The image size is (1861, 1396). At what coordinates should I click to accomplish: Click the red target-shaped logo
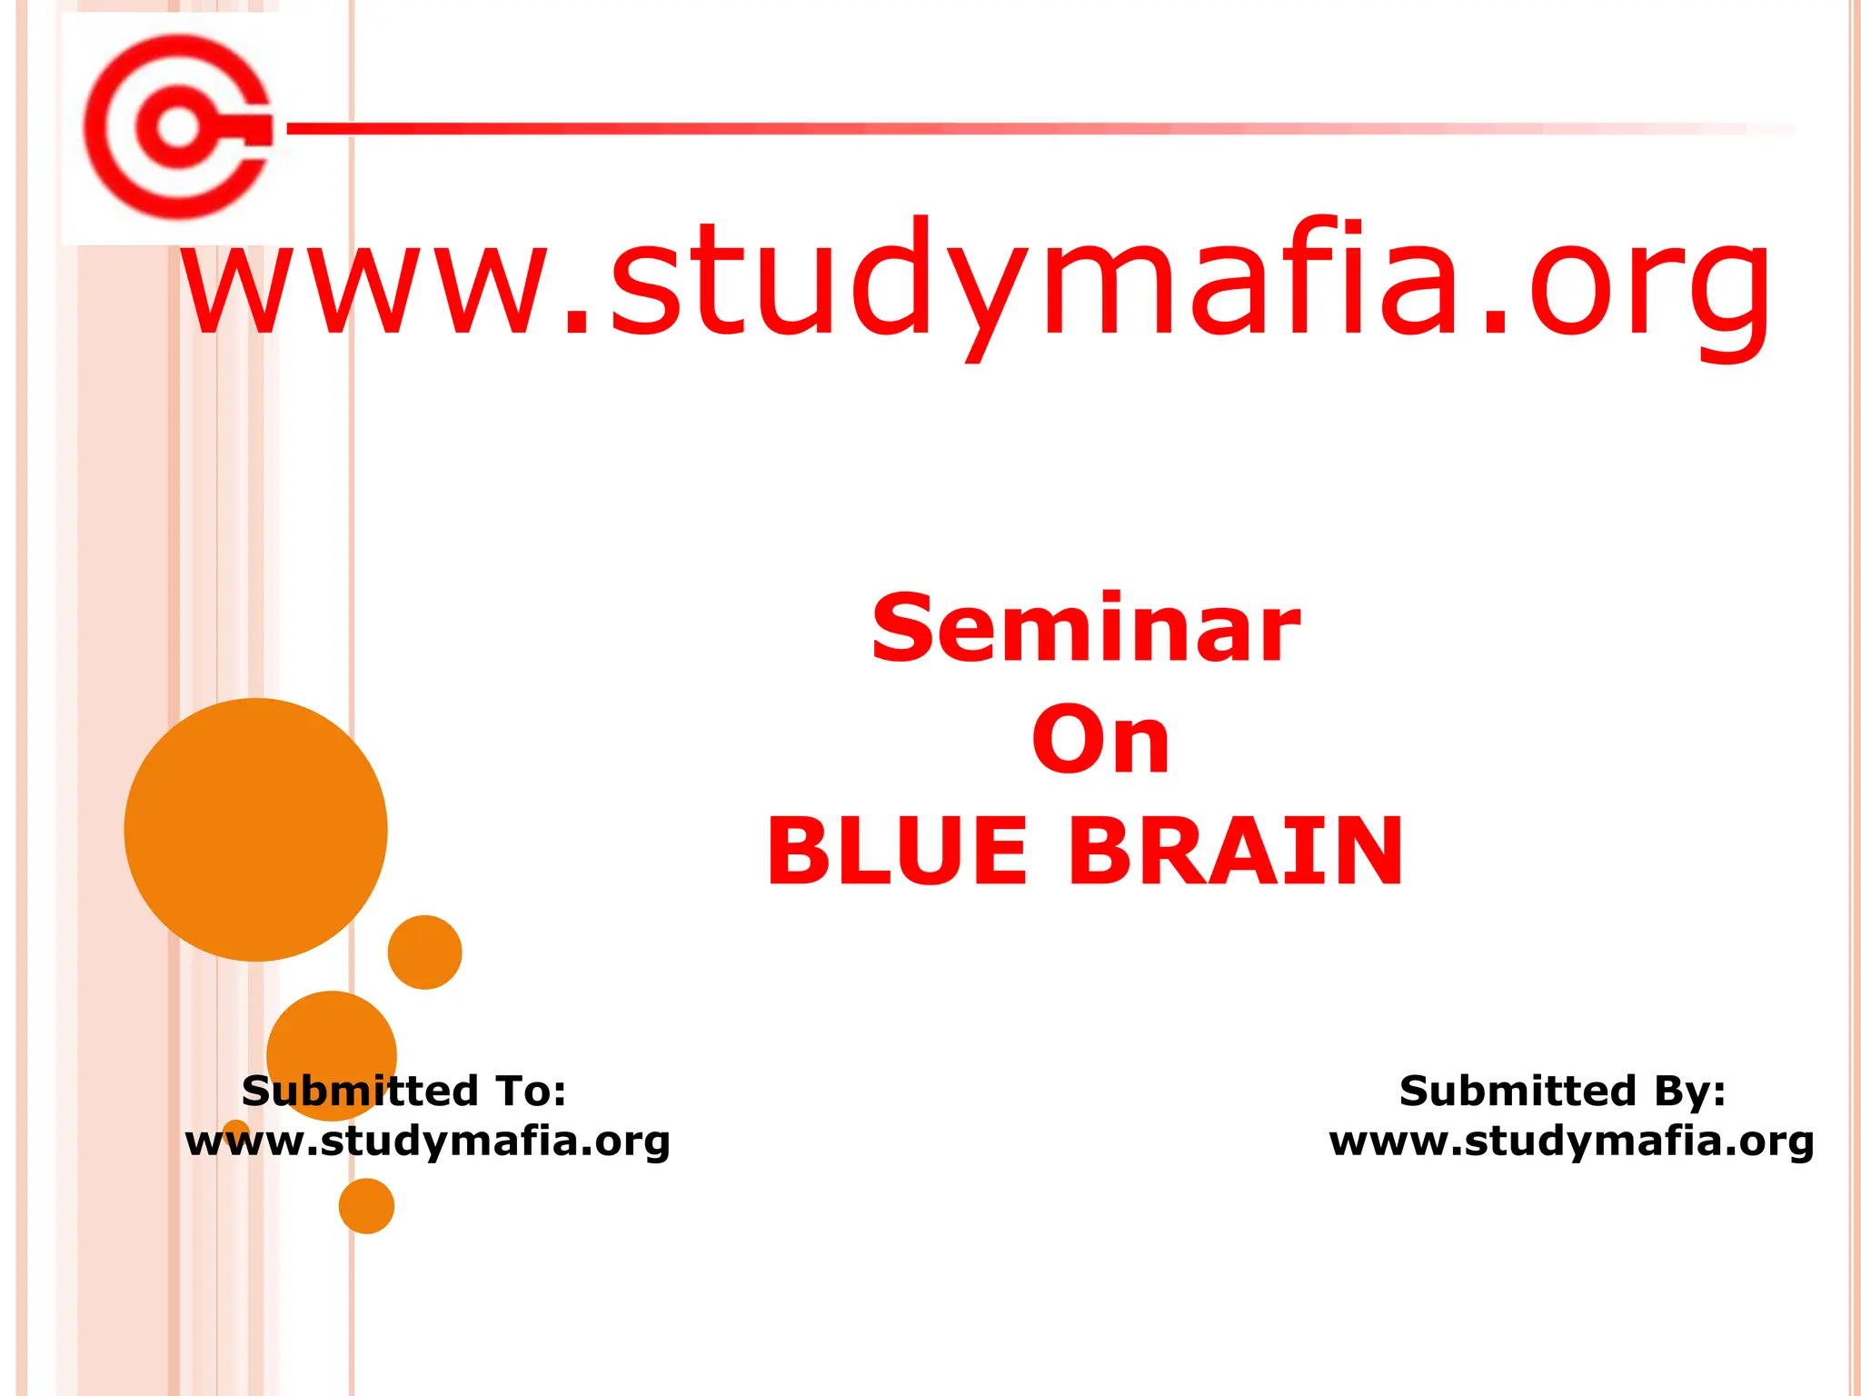[177, 126]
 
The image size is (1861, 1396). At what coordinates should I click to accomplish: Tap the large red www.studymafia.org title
[977, 282]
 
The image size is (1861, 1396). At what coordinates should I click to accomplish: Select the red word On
[1100, 741]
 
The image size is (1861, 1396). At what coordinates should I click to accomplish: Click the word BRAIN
[1236, 852]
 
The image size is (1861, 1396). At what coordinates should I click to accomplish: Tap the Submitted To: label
[404, 1091]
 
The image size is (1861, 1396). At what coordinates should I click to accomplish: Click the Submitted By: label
[1562, 1091]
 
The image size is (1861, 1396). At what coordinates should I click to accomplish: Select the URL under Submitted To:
[427, 1142]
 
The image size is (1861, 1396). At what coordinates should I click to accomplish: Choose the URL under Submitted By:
[1571, 1142]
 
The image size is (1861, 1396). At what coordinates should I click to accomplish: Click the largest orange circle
[256, 829]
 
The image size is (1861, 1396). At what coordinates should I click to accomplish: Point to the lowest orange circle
[366, 1206]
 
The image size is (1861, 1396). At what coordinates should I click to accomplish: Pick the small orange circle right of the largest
[424, 952]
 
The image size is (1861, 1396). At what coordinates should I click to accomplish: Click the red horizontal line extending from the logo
[1000, 129]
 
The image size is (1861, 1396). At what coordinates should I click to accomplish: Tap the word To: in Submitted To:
[531, 1091]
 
